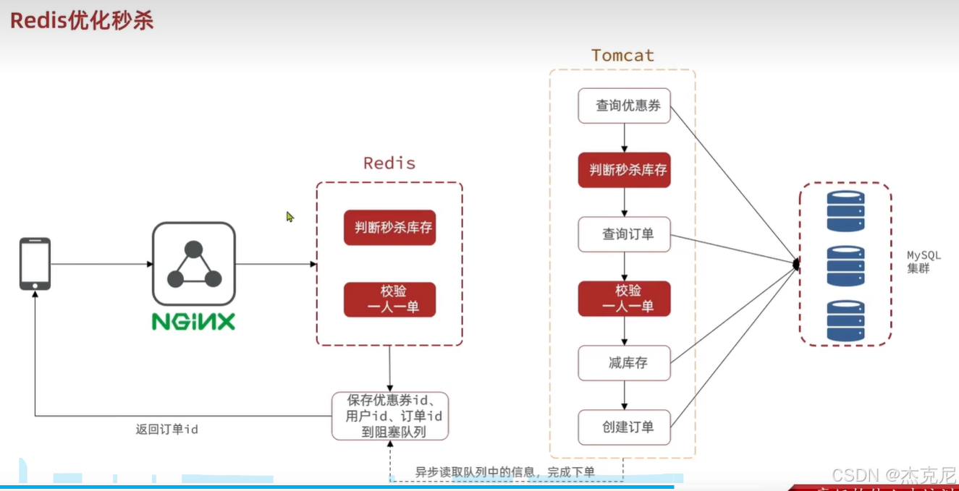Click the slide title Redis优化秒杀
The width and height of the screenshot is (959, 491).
click(82, 20)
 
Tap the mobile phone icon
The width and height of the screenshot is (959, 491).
click(35, 264)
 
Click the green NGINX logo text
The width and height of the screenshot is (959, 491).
click(193, 322)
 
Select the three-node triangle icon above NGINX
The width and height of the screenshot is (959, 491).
click(193, 265)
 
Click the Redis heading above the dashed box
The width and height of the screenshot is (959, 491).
click(389, 163)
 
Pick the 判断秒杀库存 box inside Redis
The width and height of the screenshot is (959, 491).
click(390, 227)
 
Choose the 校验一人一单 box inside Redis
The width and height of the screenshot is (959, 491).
click(390, 299)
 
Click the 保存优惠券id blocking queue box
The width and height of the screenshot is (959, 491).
click(390, 416)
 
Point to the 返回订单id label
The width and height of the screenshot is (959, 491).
click(166, 430)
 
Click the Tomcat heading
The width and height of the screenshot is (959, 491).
click(622, 56)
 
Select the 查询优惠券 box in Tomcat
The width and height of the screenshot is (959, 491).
click(625, 106)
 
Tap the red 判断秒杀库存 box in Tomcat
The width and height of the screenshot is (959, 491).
click(625, 171)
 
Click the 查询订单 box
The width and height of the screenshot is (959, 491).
click(625, 234)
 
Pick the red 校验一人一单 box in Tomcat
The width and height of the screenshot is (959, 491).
click(625, 299)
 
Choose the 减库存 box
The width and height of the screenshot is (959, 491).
click(625, 363)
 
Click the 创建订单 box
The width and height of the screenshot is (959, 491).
click(625, 427)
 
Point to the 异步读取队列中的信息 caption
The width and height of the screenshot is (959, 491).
click(504, 472)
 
